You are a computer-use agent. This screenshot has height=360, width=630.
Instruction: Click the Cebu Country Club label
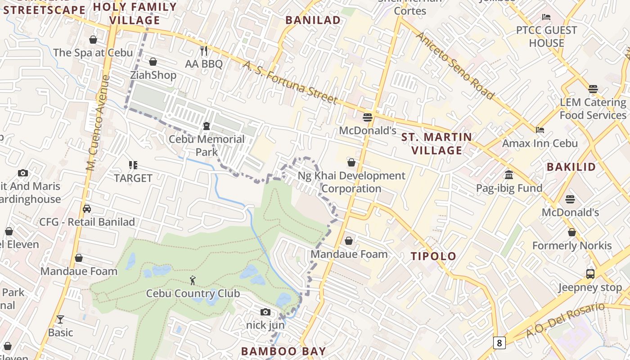click(x=193, y=294)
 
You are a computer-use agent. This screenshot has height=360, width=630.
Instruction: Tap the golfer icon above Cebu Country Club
click(x=193, y=280)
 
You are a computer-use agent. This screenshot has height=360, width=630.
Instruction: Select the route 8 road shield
click(x=499, y=343)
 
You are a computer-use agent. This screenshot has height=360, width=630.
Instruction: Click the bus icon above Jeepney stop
click(x=590, y=274)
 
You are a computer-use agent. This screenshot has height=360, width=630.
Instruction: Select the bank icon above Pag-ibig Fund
click(x=509, y=175)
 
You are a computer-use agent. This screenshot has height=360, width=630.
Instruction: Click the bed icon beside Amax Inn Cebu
click(x=540, y=130)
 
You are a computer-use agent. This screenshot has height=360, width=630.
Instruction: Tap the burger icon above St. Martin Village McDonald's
click(x=368, y=117)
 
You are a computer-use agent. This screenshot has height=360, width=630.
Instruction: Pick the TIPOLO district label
click(x=433, y=256)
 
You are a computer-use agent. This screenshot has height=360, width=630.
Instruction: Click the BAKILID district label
click(x=571, y=167)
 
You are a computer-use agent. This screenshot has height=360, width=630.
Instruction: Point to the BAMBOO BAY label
click(x=283, y=351)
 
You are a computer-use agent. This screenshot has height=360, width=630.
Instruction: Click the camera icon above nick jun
click(x=265, y=312)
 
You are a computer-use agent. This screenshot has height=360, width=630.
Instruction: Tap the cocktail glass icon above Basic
click(x=60, y=319)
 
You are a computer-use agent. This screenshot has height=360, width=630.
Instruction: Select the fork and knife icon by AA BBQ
click(x=204, y=50)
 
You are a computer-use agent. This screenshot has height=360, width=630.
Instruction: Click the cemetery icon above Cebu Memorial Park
click(x=207, y=126)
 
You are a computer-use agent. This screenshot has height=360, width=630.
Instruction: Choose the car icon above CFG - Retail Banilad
click(x=87, y=209)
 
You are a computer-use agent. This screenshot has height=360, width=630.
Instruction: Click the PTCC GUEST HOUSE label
click(x=546, y=36)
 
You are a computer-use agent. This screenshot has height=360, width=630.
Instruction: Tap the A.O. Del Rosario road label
click(x=566, y=320)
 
